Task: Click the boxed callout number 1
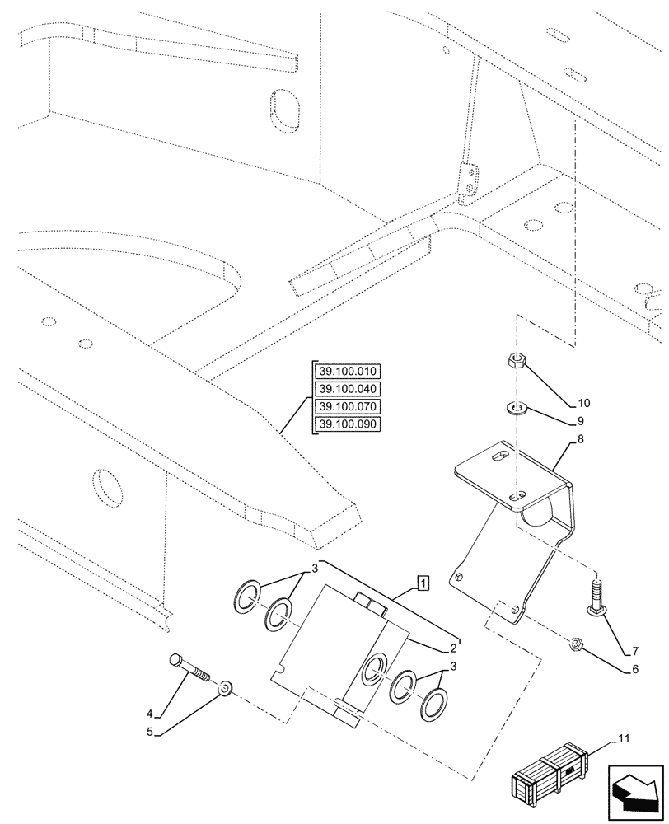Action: click(423, 584)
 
